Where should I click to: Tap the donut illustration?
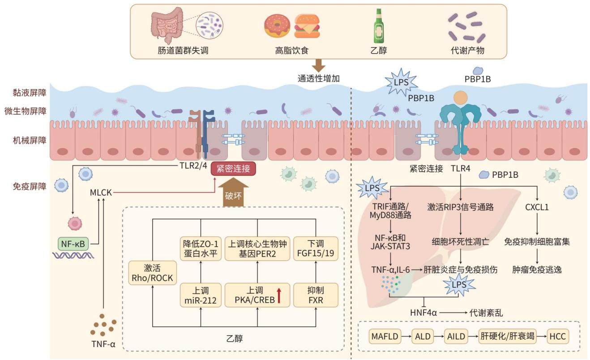[277, 26]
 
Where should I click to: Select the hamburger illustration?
[307, 26]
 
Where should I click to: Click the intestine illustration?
[167, 25]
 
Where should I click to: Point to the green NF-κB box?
[73, 244]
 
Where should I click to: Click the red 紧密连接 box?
[233, 169]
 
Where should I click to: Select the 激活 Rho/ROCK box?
[152, 273]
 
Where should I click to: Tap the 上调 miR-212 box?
[201, 295]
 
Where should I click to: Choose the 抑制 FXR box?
[316, 295]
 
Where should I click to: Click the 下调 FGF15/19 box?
[316, 249]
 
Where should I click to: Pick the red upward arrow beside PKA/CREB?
[279, 296]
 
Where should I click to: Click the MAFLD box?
[385, 336]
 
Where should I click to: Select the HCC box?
[558, 336]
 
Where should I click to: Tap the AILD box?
[456, 336]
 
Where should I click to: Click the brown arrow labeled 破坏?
[233, 192]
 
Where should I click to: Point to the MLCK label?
[101, 193]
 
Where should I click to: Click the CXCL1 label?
[537, 207]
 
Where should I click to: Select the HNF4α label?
[423, 313]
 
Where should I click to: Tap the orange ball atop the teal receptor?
[461, 98]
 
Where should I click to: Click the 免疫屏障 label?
[30, 187]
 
